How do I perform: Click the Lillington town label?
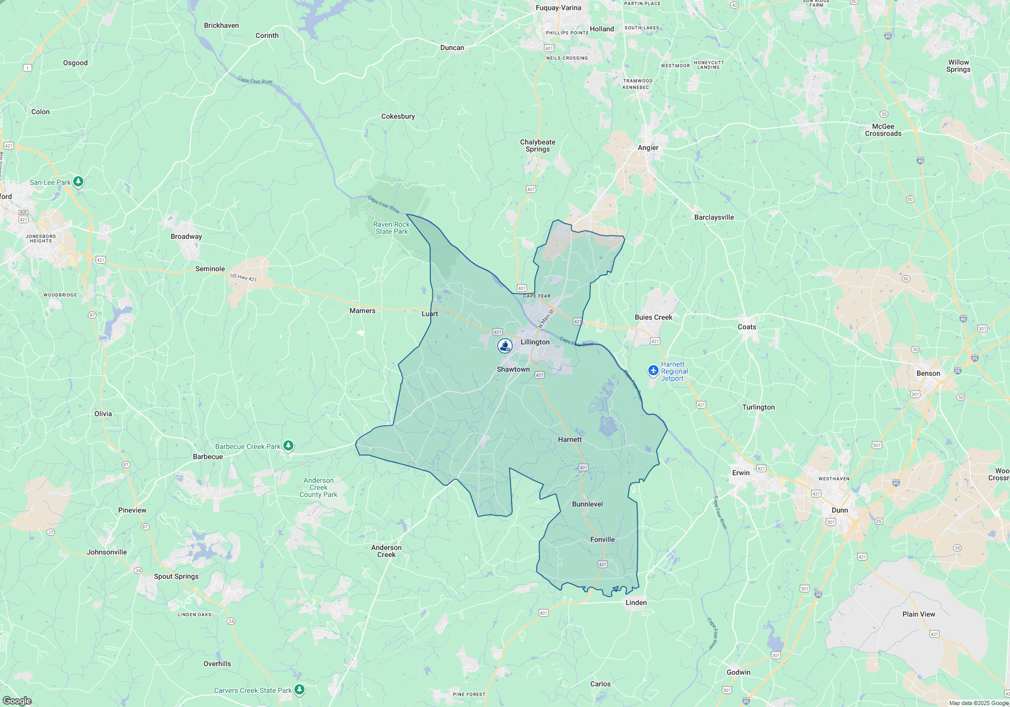535,342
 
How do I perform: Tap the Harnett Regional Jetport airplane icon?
653,371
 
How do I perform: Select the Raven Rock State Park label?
391,228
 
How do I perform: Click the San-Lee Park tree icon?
78,181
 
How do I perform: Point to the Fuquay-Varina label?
558,8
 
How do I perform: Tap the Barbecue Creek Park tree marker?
288,445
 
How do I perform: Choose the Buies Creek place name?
653,317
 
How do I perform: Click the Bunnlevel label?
587,504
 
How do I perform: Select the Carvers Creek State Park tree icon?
299,689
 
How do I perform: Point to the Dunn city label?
840,510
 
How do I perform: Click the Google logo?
17,701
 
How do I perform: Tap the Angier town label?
648,147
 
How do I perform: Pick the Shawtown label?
513,369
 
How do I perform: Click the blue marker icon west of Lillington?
504,345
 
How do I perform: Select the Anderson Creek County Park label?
318,487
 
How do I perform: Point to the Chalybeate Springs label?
537,145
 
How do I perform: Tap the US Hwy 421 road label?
243,277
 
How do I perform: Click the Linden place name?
636,602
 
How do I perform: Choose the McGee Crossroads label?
883,130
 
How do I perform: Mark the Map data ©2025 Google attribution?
978,703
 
